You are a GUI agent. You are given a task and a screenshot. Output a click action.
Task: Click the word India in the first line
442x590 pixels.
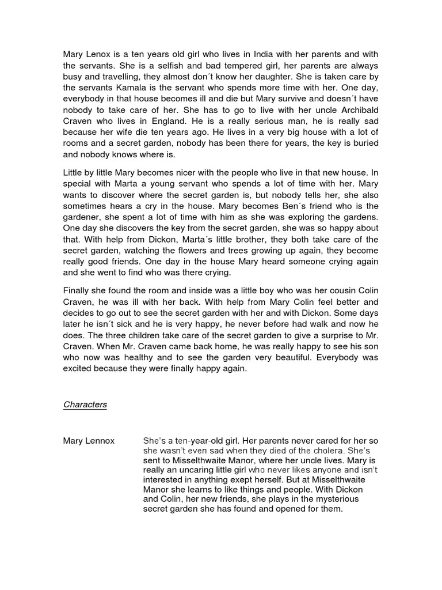click(x=249, y=54)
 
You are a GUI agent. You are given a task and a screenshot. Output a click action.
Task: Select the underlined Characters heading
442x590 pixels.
click(x=85, y=404)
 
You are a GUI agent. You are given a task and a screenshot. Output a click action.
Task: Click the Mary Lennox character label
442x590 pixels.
click(x=89, y=441)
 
